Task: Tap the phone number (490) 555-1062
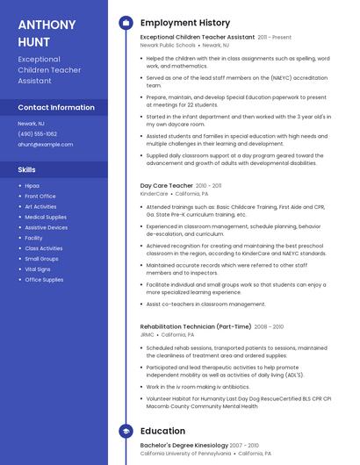(x=38, y=134)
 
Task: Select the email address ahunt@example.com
(x=46, y=144)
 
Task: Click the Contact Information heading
(x=55, y=107)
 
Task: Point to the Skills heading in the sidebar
(x=27, y=169)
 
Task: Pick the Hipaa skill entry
(x=32, y=186)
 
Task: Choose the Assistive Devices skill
(x=46, y=227)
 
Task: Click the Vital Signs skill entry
(x=37, y=269)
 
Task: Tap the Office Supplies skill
(x=44, y=280)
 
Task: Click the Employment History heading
(x=185, y=23)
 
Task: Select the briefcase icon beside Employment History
(x=126, y=23)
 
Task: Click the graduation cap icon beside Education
(x=126, y=432)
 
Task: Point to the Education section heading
(x=162, y=432)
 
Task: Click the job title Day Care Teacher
(x=167, y=186)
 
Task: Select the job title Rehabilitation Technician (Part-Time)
(x=196, y=326)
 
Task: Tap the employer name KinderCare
(x=154, y=193)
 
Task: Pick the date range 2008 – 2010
(x=269, y=326)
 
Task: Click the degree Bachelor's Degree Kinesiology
(x=185, y=447)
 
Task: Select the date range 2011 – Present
(x=275, y=38)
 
